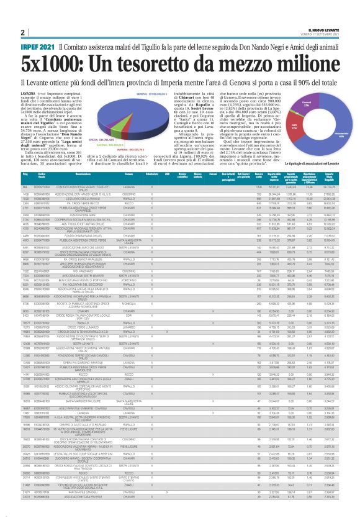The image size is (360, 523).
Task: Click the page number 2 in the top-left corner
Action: point(22,32)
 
